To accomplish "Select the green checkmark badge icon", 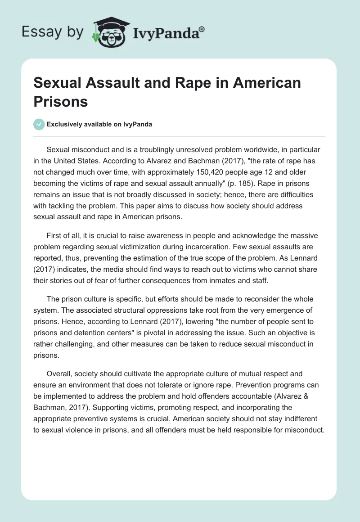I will point(39,124).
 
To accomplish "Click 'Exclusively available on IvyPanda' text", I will point(100,125).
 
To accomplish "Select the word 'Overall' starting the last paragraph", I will point(60,373).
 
